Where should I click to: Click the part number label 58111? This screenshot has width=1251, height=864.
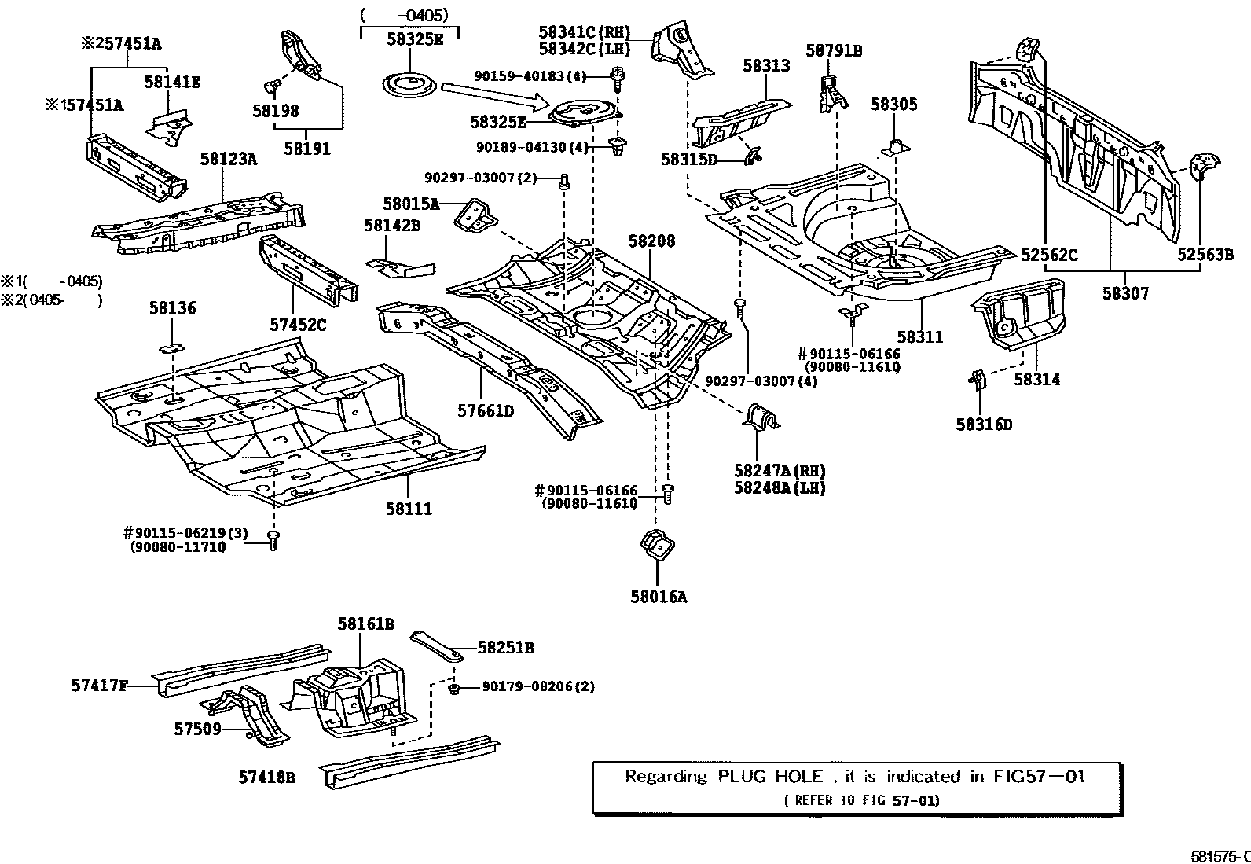tap(409, 509)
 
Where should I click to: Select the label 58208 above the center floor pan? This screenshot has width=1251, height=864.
tap(651, 241)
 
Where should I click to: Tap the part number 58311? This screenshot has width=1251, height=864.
tap(919, 336)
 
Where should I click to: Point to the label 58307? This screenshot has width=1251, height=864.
tap(1124, 293)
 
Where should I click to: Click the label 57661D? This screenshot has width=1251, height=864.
tap(486, 410)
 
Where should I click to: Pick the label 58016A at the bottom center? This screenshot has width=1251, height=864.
tap(658, 597)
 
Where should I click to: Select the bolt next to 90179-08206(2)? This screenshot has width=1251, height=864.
tap(454, 689)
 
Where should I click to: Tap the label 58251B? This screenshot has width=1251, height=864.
tap(506, 648)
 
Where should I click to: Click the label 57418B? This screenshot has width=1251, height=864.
tap(267, 778)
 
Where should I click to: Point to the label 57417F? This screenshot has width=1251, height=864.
tap(99, 686)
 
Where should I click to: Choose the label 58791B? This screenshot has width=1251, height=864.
tap(834, 51)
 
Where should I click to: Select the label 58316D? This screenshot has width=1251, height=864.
tap(984, 425)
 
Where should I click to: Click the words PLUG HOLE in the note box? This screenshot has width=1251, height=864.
tap(770, 777)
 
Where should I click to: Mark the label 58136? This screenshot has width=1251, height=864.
tap(172, 308)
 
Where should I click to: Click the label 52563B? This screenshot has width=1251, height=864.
tap(1205, 254)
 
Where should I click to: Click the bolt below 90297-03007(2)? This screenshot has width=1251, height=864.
tap(563, 183)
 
